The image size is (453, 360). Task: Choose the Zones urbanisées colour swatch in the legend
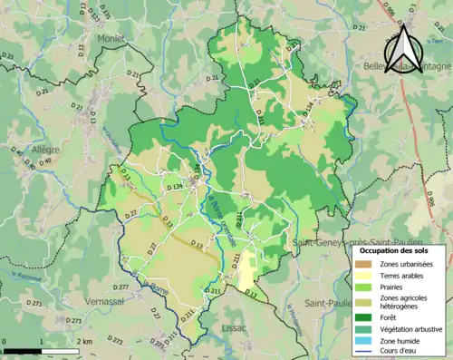(x=361, y=263)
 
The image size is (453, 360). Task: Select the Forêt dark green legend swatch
(x=361, y=317)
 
